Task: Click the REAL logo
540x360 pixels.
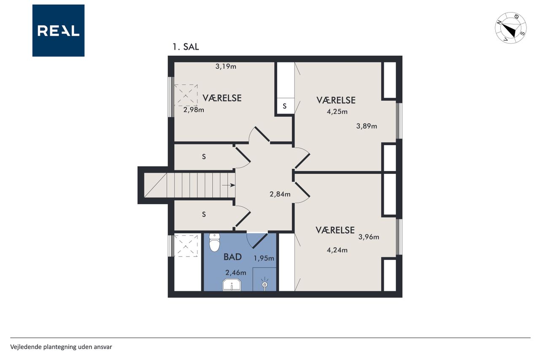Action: (58, 31)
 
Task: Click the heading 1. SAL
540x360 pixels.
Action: (186, 47)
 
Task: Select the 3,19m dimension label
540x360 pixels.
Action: (226, 66)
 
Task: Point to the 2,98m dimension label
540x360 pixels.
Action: (194, 110)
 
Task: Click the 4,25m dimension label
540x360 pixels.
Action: (337, 112)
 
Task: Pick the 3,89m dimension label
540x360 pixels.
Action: (367, 126)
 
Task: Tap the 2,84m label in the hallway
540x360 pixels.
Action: (280, 194)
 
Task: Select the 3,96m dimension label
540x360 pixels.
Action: (369, 237)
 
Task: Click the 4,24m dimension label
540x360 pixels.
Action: (337, 250)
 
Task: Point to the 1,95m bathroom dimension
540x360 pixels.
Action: (264, 258)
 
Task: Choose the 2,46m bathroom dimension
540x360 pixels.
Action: (235, 273)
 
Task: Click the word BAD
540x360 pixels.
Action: (232, 257)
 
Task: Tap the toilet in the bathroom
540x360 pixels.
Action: (214, 242)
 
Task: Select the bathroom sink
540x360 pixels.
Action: (232, 285)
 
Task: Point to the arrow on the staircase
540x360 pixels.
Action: (228, 185)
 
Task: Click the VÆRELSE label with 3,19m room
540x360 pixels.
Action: (222, 98)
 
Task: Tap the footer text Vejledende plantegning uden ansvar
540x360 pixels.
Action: (61, 347)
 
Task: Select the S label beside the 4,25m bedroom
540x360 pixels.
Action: (285, 106)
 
